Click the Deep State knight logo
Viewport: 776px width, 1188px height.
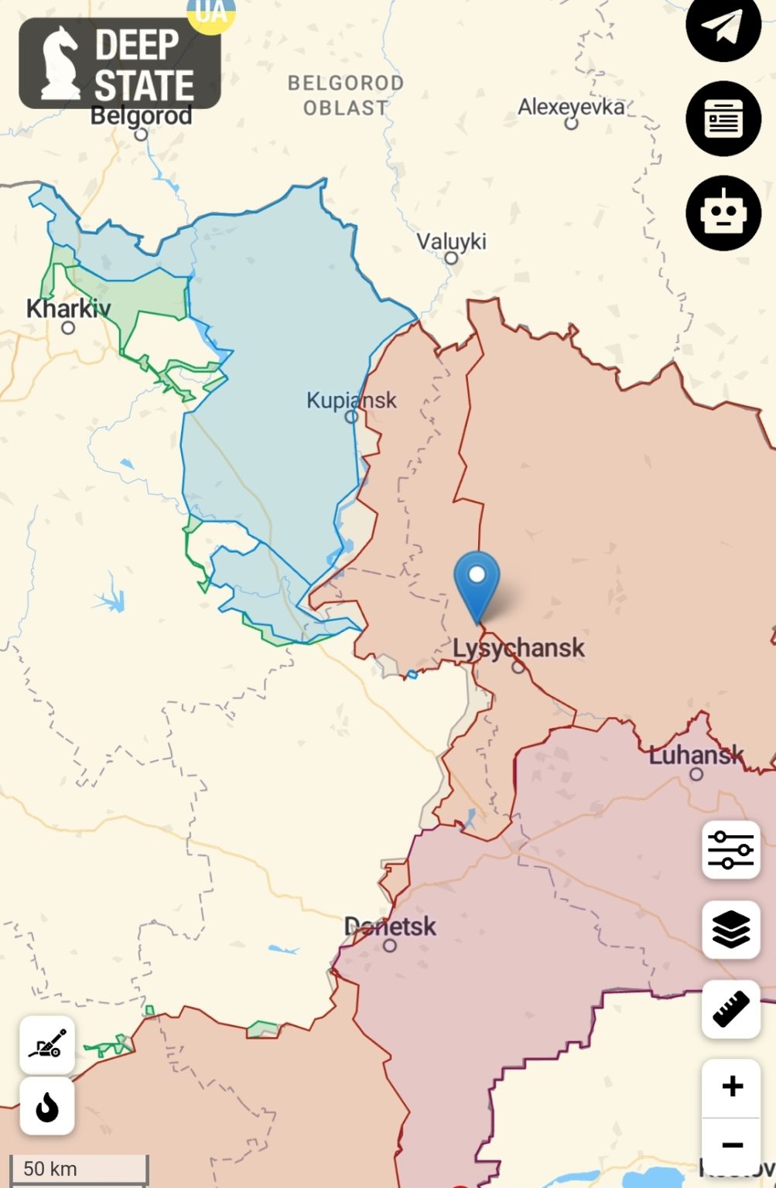[x=60, y=63]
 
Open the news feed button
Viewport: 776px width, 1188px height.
[x=723, y=118]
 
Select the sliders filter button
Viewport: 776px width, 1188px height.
[x=730, y=850]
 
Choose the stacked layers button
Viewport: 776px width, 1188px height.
[x=730, y=929]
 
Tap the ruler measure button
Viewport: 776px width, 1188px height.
[x=730, y=1009]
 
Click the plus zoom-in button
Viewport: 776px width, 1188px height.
[x=731, y=1087]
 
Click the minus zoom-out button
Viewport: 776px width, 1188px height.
[x=731, y=1145]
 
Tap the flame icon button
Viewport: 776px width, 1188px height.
[x=47, y=1107]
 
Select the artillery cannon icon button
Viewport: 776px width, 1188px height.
[x=47, y=1045]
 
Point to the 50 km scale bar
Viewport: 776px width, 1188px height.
[x=78, y=1168]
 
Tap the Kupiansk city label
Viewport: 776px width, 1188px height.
[x=351, y=400]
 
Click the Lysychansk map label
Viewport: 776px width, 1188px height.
[x=518, y=647]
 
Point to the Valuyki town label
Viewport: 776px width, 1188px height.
[x=452, y=241]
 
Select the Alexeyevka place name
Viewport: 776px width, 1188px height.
[x=571, y=106]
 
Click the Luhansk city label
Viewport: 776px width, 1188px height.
[x=696, y=754]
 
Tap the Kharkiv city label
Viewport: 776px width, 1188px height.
[x=68, y=308]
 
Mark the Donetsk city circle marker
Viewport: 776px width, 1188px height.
[x=390, y=945]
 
